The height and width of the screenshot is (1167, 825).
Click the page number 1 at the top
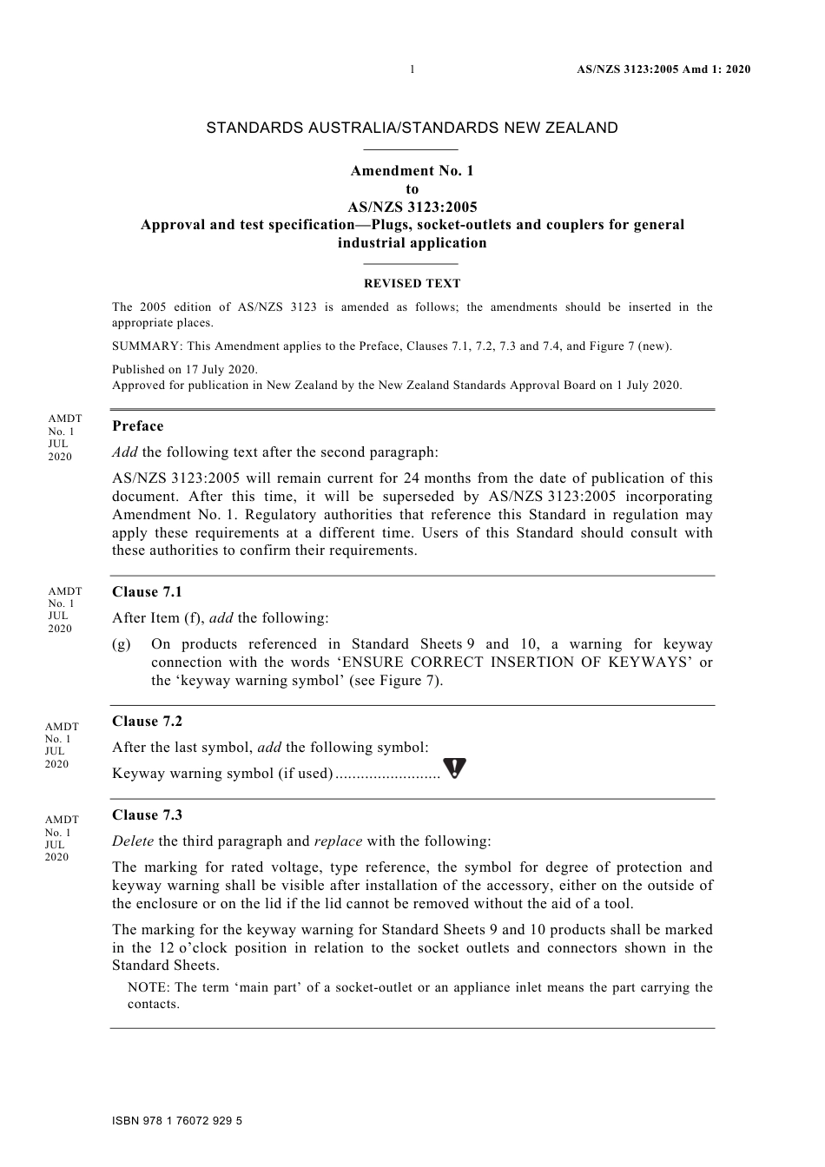[x=412, y=69]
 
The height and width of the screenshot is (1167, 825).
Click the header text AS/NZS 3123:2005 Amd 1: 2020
[x=663, y=69]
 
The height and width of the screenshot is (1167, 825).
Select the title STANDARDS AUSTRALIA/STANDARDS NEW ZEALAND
[x=412, y=128]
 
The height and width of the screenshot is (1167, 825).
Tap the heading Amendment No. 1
[x=412, y=170]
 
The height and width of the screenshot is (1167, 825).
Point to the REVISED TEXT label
[x=412, y=283]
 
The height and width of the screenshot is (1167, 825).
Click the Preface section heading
[x=137, y=425]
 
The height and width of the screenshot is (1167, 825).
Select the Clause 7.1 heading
[x=147, y=591]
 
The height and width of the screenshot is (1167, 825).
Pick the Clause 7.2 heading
[x=147, y=721]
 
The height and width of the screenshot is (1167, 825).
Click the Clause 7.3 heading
[x=147, y=814]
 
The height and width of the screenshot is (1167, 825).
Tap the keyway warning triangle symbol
[x=454, y=768]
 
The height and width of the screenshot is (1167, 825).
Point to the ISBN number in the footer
[x=177, y=1121]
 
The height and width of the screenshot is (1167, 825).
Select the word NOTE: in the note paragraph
[x=148, y=987]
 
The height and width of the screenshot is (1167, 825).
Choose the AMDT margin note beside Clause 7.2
[x=61, y=745]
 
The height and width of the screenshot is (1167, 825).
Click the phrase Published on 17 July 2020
[x=185, y=369]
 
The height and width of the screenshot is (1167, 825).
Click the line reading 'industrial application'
[x=412, y=243]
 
